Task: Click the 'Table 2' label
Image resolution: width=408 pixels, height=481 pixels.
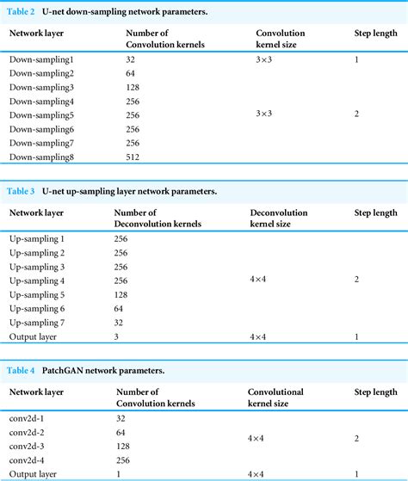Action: [x=22, y=9]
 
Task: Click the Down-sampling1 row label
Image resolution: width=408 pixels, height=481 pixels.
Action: [x=42, y=61]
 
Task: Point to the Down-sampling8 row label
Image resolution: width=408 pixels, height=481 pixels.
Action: [x=42, y=157]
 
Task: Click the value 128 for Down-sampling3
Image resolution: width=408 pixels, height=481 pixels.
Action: [x=133, y=89]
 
